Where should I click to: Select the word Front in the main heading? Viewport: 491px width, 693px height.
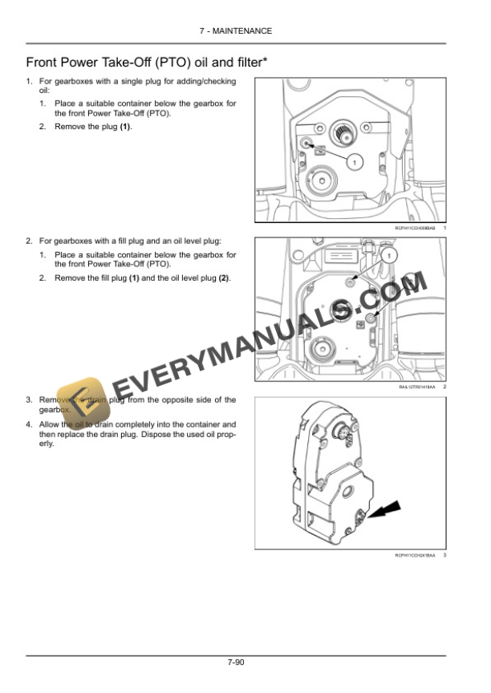[43, 62]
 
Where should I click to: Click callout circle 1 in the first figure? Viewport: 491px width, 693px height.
[352, 161]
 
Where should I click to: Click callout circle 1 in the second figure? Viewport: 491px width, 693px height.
[389, 255]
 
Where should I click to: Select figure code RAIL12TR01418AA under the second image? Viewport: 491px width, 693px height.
[416, 387]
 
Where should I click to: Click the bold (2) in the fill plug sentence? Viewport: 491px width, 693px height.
[224, 278]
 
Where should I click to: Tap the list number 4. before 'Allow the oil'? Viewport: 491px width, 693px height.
[29, 423]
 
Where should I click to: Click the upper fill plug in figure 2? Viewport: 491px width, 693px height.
[351, 282]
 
